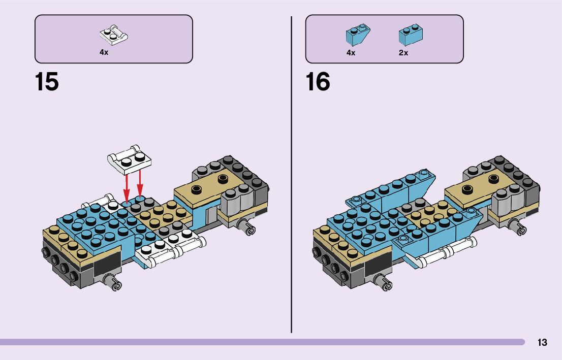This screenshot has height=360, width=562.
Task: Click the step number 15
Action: pyautogui.click(x=47, y=82)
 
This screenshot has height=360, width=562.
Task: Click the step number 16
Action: pyautogui.click(x=318, y=82)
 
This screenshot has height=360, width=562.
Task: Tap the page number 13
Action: pyautogui.click(x=542, y=343)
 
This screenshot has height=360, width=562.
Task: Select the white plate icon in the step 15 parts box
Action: pyautogui.click(x=113, y=35)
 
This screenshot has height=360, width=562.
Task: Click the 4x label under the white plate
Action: pyautogui.click(x=104, y=53)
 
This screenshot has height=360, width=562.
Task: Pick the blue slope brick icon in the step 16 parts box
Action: pyautogui.click(x=357, y=35)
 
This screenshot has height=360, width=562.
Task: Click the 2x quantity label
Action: pyautogui.click(x=403, y=53)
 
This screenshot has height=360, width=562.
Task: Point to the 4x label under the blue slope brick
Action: pyautogui.click(x=351, y=53)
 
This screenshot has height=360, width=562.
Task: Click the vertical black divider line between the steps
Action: pyautogui.click(x=292, y=173)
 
